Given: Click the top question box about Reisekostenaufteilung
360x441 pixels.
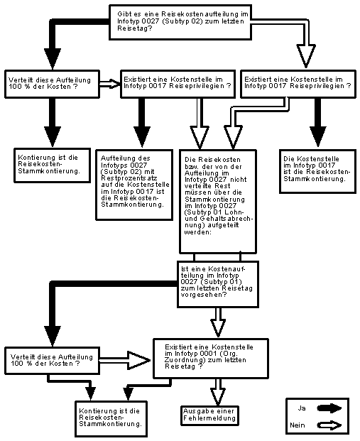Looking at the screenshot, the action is point(180,22).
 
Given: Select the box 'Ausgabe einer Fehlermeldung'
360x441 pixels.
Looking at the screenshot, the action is point(209,415).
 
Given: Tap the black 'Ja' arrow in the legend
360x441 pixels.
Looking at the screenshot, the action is point(329,408).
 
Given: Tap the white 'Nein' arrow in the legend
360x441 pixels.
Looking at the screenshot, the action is point(329,425).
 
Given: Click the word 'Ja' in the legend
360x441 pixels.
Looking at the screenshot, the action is point(302,408).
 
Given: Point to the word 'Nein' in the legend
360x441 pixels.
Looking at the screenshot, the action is point(298,425).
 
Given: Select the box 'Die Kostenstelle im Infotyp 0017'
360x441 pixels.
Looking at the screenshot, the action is point(318,171).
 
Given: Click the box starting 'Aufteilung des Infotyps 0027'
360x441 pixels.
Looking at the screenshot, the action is point(134,185).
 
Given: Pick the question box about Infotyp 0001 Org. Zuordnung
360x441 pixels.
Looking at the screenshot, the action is point(211,359).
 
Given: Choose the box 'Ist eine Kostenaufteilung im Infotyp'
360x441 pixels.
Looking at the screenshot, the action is point(218,284).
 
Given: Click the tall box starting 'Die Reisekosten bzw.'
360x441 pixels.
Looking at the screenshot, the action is point(218,202).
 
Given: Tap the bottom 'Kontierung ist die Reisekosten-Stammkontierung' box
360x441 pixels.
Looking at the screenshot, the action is point(111,419).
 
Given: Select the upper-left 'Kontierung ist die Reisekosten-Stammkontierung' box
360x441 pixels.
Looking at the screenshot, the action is point(53,165).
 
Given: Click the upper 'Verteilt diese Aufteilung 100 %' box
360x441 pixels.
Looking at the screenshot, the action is point(53,84).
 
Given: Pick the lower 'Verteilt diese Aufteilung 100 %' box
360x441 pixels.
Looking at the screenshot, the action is point(53,361).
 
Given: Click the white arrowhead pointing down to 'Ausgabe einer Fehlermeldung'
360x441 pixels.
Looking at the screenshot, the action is point(218,396).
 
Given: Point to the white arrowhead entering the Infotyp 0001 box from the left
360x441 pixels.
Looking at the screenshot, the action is point(138,360).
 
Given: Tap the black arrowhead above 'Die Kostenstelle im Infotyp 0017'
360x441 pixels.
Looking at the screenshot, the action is point(318,136).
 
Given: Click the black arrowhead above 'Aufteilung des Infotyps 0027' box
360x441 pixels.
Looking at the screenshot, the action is point(142,137).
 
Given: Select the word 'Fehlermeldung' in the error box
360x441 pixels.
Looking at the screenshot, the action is point(209,418).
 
